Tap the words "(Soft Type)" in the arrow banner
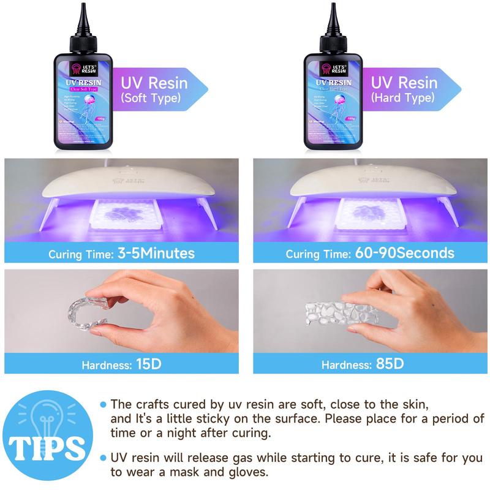(x=151, y=97)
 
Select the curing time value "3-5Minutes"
(x=157, y=253)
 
